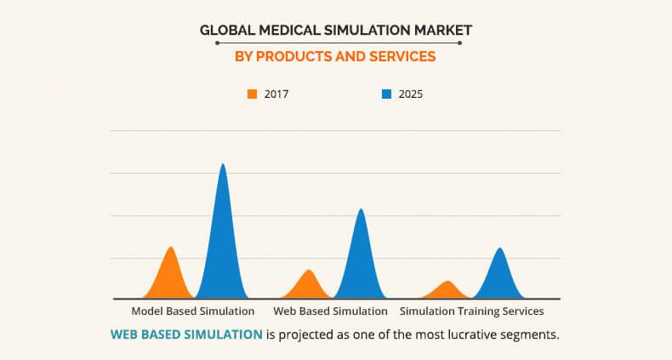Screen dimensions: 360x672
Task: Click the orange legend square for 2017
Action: click(252, 94)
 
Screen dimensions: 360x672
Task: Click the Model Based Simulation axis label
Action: click(192, 311)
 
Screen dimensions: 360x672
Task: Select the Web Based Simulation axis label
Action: click(330, 311)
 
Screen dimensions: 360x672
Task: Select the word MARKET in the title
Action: click(439, 31)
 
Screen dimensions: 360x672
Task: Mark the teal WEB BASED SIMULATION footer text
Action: click(186, 334)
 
